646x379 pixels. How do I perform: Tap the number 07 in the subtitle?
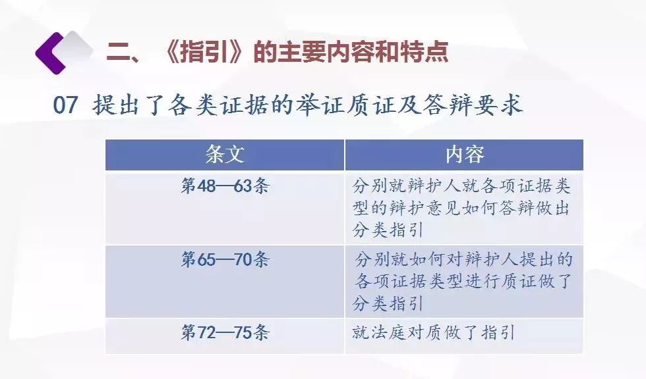(x=65, y=105)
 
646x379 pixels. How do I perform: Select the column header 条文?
(x=225, y=154)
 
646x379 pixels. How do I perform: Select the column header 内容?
(x=464, y=154)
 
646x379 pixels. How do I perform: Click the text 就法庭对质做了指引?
(x=434, y=332)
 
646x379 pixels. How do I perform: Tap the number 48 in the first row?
(x=206, y=186)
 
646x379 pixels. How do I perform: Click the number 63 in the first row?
(x=243, y=186)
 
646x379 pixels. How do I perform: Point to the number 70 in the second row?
(x=243, y=260)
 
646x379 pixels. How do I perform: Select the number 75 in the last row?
(x=243, y=332)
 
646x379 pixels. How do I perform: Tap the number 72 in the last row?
(x=206, y=332)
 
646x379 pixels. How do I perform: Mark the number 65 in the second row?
(x=206, y=260)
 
